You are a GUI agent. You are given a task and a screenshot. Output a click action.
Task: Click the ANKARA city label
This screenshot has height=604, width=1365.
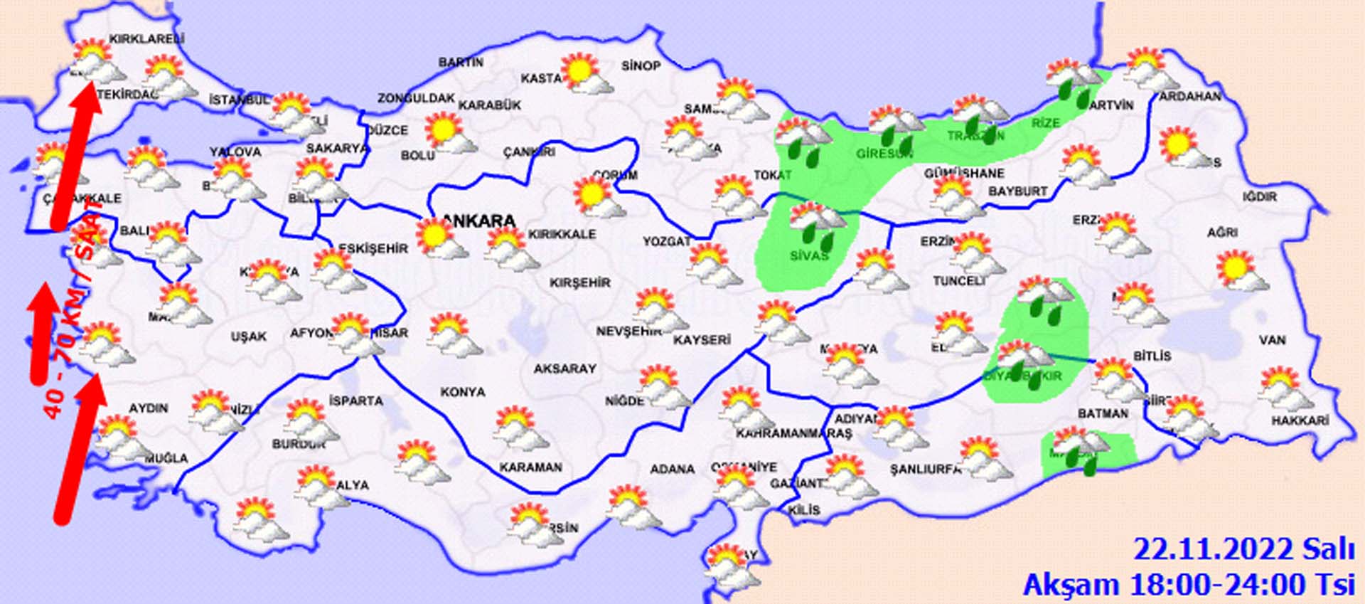pos(478,221)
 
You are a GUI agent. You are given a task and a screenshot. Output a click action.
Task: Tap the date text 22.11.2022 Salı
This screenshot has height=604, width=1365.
pos(1243,550)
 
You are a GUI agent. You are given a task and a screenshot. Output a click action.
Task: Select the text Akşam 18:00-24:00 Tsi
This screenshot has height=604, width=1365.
pos(1188,585)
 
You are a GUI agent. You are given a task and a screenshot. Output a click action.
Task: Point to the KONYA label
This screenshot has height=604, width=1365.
pos(463,392)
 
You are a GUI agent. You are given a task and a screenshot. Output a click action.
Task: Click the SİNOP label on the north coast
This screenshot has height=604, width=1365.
pos(641,66)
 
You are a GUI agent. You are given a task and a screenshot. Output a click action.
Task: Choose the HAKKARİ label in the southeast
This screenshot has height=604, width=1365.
pos(1300,421)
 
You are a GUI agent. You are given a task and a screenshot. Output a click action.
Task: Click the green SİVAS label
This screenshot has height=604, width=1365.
pos(809,255)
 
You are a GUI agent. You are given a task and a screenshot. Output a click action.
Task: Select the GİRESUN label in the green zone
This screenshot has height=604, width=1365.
pos(884,154)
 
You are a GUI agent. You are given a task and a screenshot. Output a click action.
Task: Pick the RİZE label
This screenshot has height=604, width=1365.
pos(1045,123)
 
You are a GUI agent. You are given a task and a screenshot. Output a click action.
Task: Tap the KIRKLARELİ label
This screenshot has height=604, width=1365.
pos(146,39)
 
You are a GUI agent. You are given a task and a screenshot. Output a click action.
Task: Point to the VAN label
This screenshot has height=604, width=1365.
pos(1272,340)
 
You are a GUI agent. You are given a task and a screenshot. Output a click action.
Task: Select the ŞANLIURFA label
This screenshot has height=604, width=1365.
pos(925,469)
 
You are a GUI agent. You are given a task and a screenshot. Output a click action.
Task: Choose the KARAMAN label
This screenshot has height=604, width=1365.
pos(530,467)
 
